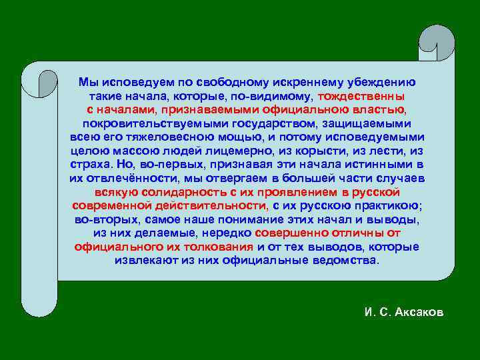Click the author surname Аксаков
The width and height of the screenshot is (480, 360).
[418, 313]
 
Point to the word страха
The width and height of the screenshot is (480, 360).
[89, 165]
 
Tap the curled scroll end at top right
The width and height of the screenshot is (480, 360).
[437, 43]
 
